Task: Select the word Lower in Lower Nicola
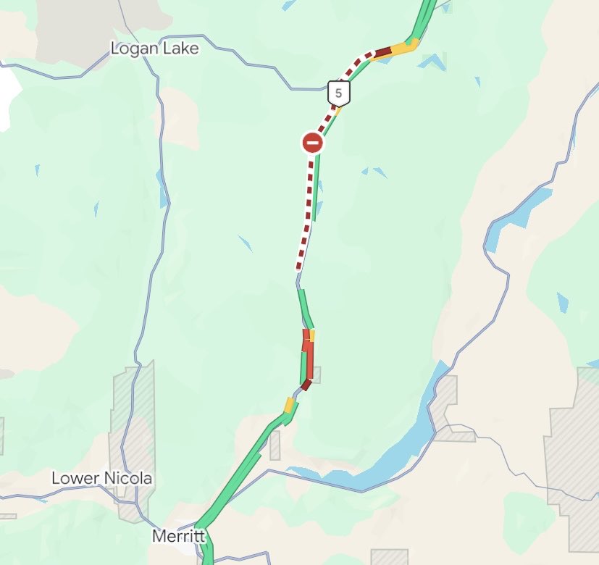(x=73, y=479)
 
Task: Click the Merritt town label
(x=179, y=537)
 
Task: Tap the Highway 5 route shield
(x=338, y=93)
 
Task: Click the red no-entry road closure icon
(x=313, y=143)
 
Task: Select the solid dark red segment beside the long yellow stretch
(x=382, y=51)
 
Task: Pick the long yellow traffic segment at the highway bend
(x=401, y=48)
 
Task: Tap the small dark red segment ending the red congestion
(x=306, y=385)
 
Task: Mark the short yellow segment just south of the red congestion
(x=290, y=405)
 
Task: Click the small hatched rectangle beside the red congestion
(x=315, y=374)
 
